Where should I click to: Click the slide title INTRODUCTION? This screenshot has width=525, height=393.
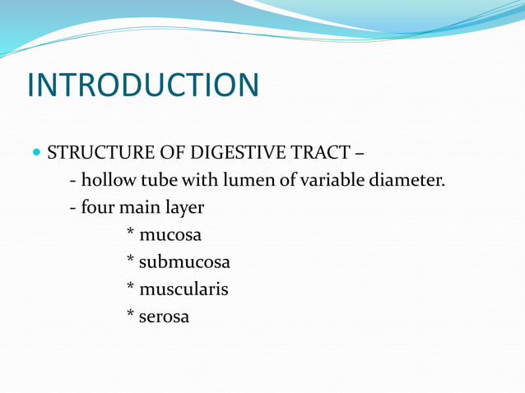tap(142, 86)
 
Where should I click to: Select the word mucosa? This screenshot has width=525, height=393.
tap(170, 235)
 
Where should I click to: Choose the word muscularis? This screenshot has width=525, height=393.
tap(184, 289)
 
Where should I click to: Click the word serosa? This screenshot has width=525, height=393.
tap(164, 317)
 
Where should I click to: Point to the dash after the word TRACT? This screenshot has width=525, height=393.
tap(360, 154)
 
